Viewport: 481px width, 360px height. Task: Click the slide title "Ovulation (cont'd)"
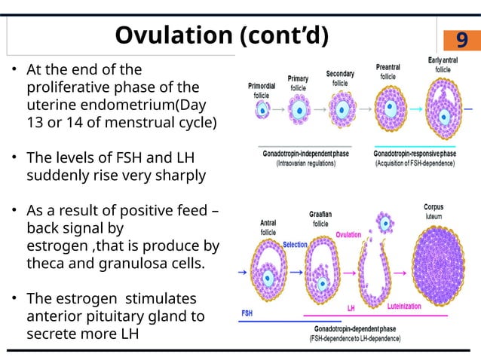(x=222, y=35)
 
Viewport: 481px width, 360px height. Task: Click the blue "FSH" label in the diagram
(x=247, y=312)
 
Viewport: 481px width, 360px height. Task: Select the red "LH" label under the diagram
(x=351, y=308)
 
